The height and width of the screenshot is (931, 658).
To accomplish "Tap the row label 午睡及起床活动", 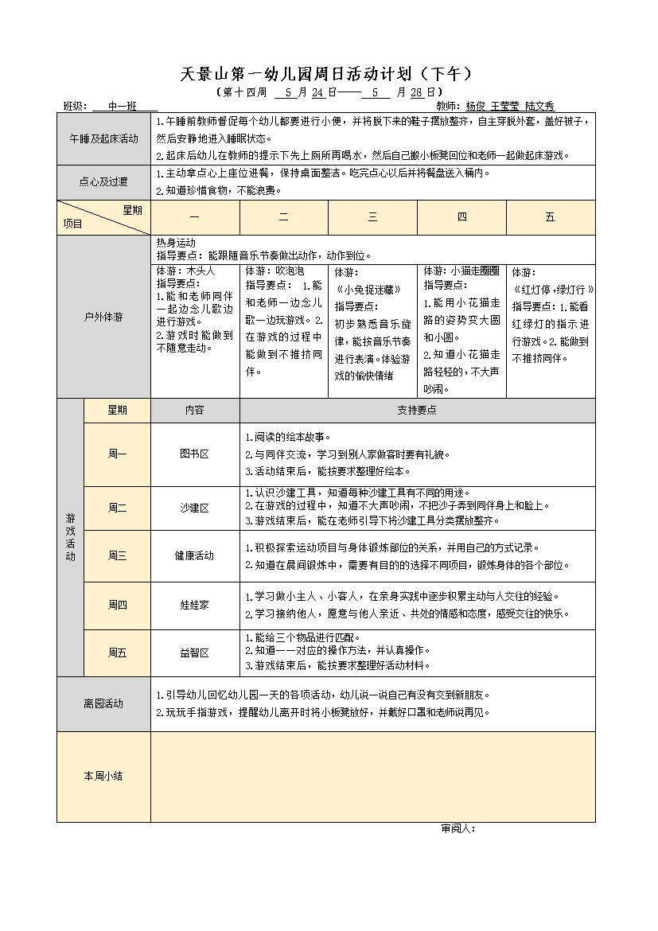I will tap(103, 138).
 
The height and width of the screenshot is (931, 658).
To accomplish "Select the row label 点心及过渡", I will tap(103, 182).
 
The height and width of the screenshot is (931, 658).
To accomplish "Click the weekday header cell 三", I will tap(372, 217).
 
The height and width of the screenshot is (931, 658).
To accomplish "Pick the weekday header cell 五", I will tap(550, 217).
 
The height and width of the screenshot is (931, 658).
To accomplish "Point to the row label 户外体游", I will tap(103, 317).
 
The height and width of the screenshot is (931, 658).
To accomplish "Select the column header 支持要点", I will tap(417, 410).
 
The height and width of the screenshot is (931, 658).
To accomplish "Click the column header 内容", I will tap(195, 410).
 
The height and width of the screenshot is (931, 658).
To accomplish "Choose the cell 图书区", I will tap(195, 454).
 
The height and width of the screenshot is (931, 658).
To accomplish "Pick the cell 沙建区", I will tap(195, 508).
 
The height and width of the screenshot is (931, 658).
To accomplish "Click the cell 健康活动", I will tap(195, 555).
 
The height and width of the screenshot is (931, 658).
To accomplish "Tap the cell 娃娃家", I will tap(195, 605).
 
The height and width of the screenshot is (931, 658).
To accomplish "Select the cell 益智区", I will tap(195, 652).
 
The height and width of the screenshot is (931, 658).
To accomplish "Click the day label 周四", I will tap(117, 605).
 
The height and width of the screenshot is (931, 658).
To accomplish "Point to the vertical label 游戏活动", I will tap(70, 537).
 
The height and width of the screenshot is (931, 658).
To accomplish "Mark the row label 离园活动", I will tap(103, 703).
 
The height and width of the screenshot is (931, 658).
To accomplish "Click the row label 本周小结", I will tap(103, 776).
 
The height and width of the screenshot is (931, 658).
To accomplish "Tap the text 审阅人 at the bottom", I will tap(457, 828).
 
